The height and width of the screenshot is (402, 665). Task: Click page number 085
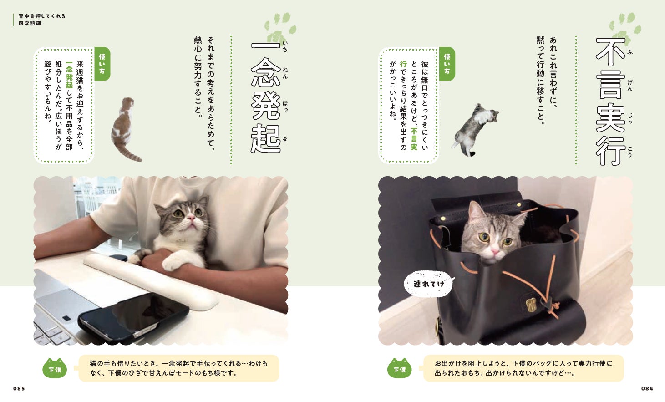19,388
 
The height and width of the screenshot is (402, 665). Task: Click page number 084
647,388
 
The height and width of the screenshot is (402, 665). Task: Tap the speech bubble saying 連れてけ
429,284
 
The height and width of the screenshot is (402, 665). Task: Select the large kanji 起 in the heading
266,139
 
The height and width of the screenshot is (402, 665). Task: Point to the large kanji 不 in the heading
610,52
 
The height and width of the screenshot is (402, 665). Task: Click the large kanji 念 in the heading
266,72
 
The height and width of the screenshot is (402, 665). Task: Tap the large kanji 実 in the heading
610,118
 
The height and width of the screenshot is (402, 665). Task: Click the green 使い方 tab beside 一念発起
102,64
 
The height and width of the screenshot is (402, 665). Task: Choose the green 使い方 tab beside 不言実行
447,64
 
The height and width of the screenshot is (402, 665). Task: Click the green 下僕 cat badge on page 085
55,368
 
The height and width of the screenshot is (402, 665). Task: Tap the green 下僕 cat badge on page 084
399,368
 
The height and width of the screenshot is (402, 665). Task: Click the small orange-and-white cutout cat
125,129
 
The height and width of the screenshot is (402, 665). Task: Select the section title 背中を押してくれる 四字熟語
42,20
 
